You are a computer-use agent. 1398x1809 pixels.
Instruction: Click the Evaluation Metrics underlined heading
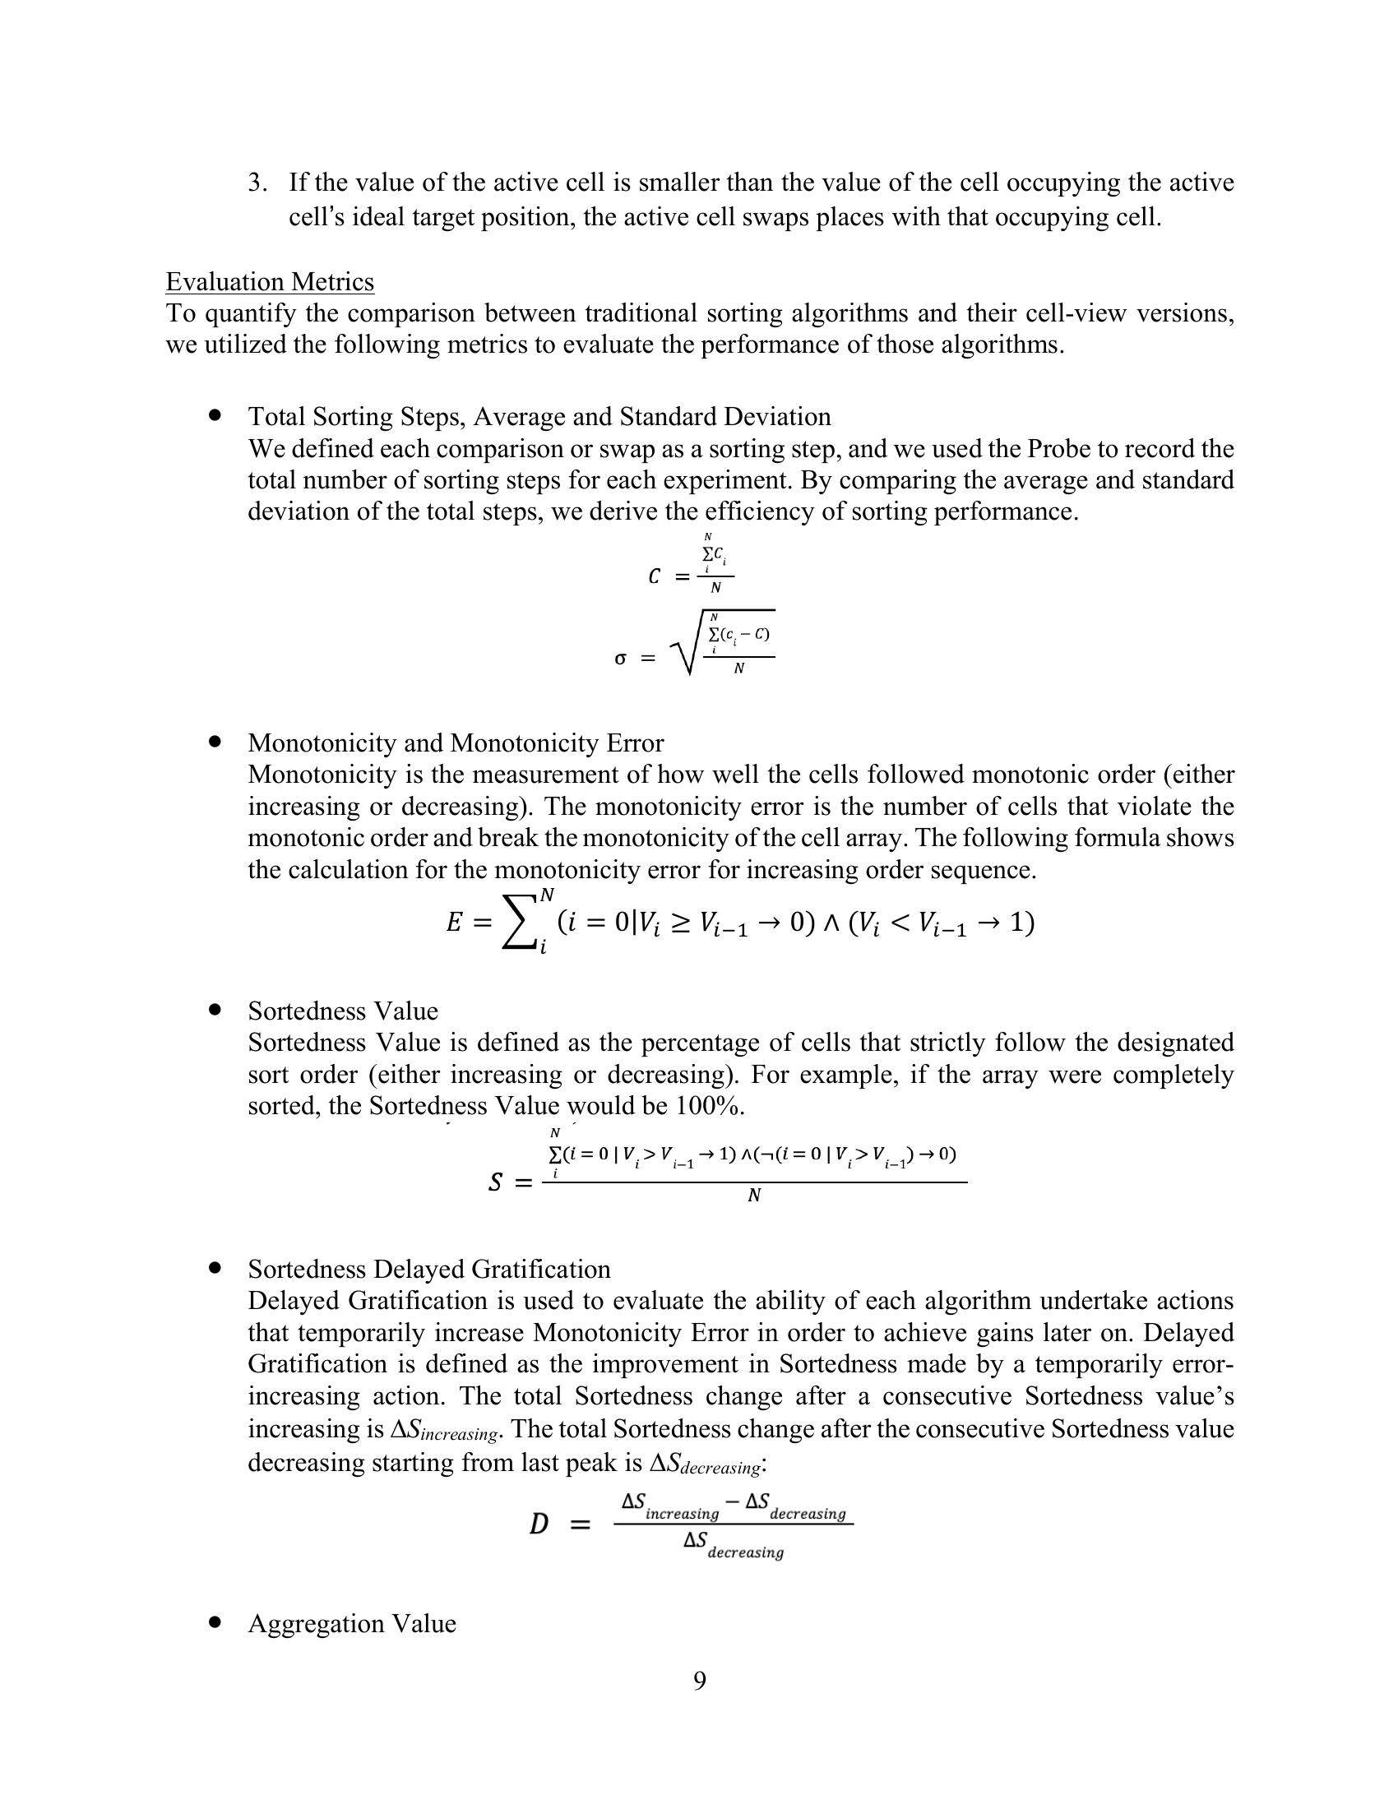[269, 282]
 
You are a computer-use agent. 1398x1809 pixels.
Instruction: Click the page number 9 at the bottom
[700, 1681]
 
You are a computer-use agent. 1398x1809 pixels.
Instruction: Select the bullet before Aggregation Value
[216, 1622]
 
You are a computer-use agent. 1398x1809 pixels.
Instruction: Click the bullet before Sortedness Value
[216, 1010]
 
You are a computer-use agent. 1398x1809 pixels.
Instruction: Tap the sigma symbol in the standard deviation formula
[620, 659]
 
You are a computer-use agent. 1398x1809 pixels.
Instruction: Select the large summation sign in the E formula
[520, 922]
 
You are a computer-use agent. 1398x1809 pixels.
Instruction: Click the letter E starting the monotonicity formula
[454, 923]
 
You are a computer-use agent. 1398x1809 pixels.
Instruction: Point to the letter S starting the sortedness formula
[495, 1182]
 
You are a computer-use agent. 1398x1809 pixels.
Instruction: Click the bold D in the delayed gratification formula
[539, 1523]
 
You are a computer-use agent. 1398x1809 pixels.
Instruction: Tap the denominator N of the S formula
[753, 1196]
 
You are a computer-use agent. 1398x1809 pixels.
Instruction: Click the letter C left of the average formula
[655, 577]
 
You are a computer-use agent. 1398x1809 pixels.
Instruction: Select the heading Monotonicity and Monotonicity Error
[456, 743]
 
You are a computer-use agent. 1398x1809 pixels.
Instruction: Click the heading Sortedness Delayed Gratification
[429, 1269]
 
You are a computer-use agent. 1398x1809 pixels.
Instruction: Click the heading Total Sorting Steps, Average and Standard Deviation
[539, 417]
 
